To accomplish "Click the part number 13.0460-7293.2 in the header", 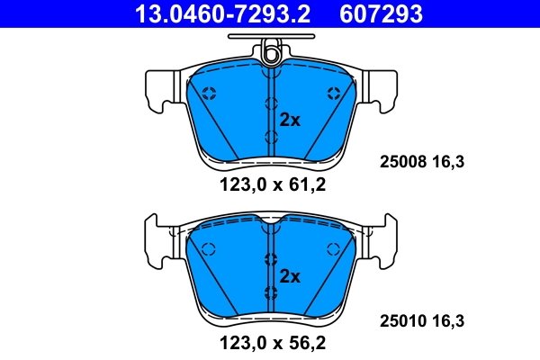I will tap(213, 13).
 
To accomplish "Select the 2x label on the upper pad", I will tap(289, 119).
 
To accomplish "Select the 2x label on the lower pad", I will tap(289, 275).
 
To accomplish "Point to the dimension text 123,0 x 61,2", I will tap(269, 187).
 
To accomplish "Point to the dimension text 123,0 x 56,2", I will tap(269, 342).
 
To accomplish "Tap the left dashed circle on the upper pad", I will tap(208, 93).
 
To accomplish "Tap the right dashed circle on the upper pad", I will tap(334, 93).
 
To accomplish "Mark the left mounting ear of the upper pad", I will tap(157, 86).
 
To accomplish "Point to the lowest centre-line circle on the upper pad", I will tap(270, 136).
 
